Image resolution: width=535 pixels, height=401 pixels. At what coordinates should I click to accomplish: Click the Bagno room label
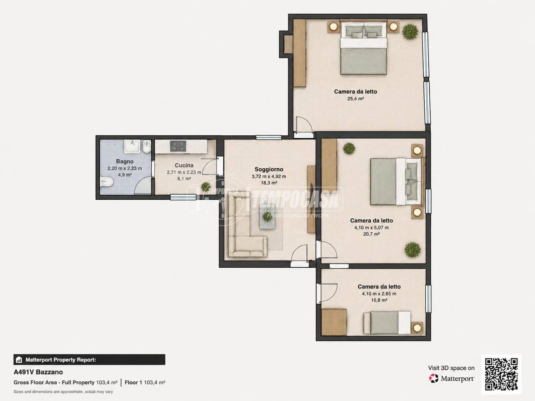click(x=125, y=161)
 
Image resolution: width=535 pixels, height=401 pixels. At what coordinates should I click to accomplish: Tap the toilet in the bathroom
click(x=106, y=182)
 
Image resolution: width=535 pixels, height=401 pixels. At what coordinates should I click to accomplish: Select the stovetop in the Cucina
click(x=178, y=146)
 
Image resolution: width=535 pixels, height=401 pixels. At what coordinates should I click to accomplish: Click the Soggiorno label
click(x=269, y=169)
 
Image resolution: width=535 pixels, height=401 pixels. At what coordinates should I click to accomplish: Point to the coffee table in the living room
click(x=267, y=216)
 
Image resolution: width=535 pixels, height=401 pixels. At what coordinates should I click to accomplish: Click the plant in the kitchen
click(x=206, y=187)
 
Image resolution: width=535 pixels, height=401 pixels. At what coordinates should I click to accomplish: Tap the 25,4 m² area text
click(x=356, y=99)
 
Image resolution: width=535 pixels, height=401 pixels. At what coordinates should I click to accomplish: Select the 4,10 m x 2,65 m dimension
click(x=379, y=294)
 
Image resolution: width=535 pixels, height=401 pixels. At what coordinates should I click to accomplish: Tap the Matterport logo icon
click(x=433, y=378)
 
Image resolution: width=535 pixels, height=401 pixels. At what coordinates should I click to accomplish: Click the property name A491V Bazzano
click(x=38, y=372)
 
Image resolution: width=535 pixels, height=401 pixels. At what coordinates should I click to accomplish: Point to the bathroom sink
click(x=132, y=146)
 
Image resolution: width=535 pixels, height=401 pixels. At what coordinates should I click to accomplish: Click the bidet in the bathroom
click(x=147, y=147)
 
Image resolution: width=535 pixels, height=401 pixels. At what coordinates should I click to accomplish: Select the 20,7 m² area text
click(x=372, y=234)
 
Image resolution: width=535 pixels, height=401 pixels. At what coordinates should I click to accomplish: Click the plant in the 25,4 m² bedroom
click(x=410, y=32)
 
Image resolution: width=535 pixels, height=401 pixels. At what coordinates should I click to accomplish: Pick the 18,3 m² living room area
click(x=269, y=183)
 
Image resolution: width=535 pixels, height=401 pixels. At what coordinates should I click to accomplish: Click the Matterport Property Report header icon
click(x=19, y=360)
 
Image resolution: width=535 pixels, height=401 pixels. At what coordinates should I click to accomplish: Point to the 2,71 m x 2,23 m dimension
click(x=184, y=172)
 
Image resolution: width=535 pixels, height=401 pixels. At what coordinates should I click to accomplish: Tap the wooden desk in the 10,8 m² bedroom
click(x=334, y=322)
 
